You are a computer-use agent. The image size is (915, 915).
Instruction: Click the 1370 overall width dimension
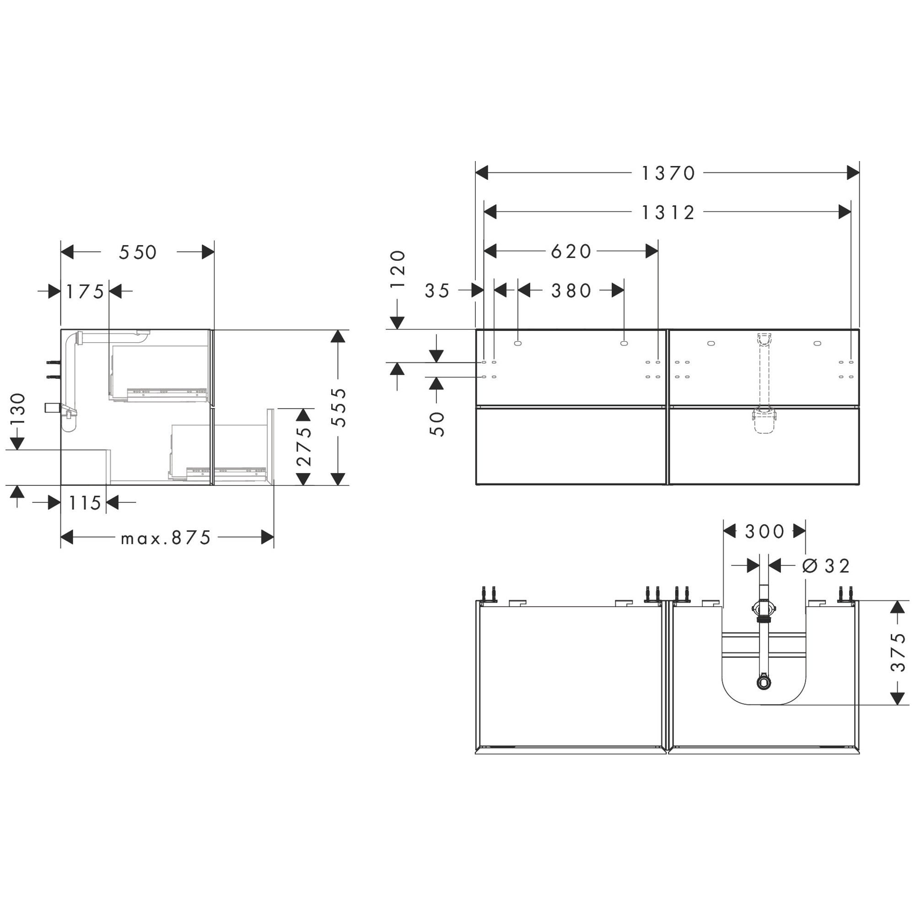click(x=668, y=173)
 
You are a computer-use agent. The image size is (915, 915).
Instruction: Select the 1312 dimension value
click(x=668, y=213)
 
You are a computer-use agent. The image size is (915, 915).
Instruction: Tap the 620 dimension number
click(x=571, y=252)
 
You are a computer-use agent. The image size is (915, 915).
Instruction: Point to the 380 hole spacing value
click(x=571, y=291)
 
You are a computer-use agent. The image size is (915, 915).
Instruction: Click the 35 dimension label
click(x=437, y=291)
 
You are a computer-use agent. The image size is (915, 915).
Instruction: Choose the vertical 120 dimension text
click(x=398, y=269)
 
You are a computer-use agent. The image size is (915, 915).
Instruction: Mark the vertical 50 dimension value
click(x=437, y=424)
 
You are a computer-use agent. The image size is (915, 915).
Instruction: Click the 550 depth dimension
click(x=138, y=253)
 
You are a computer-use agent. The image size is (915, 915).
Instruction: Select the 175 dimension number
click(x=85, y=292)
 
